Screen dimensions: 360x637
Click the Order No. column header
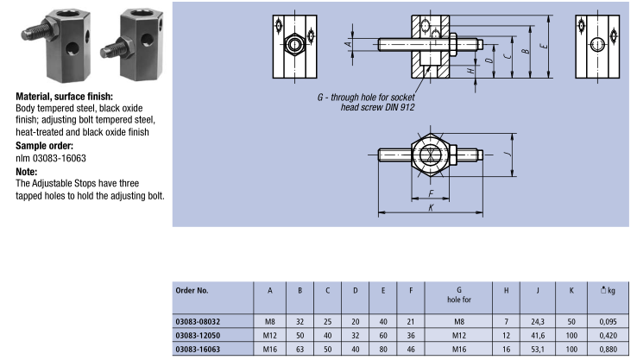192,290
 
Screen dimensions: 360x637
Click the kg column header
608,290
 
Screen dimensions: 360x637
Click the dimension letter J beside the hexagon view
509,156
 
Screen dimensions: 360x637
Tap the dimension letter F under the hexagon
430,194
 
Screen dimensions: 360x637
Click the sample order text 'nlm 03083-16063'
51,158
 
